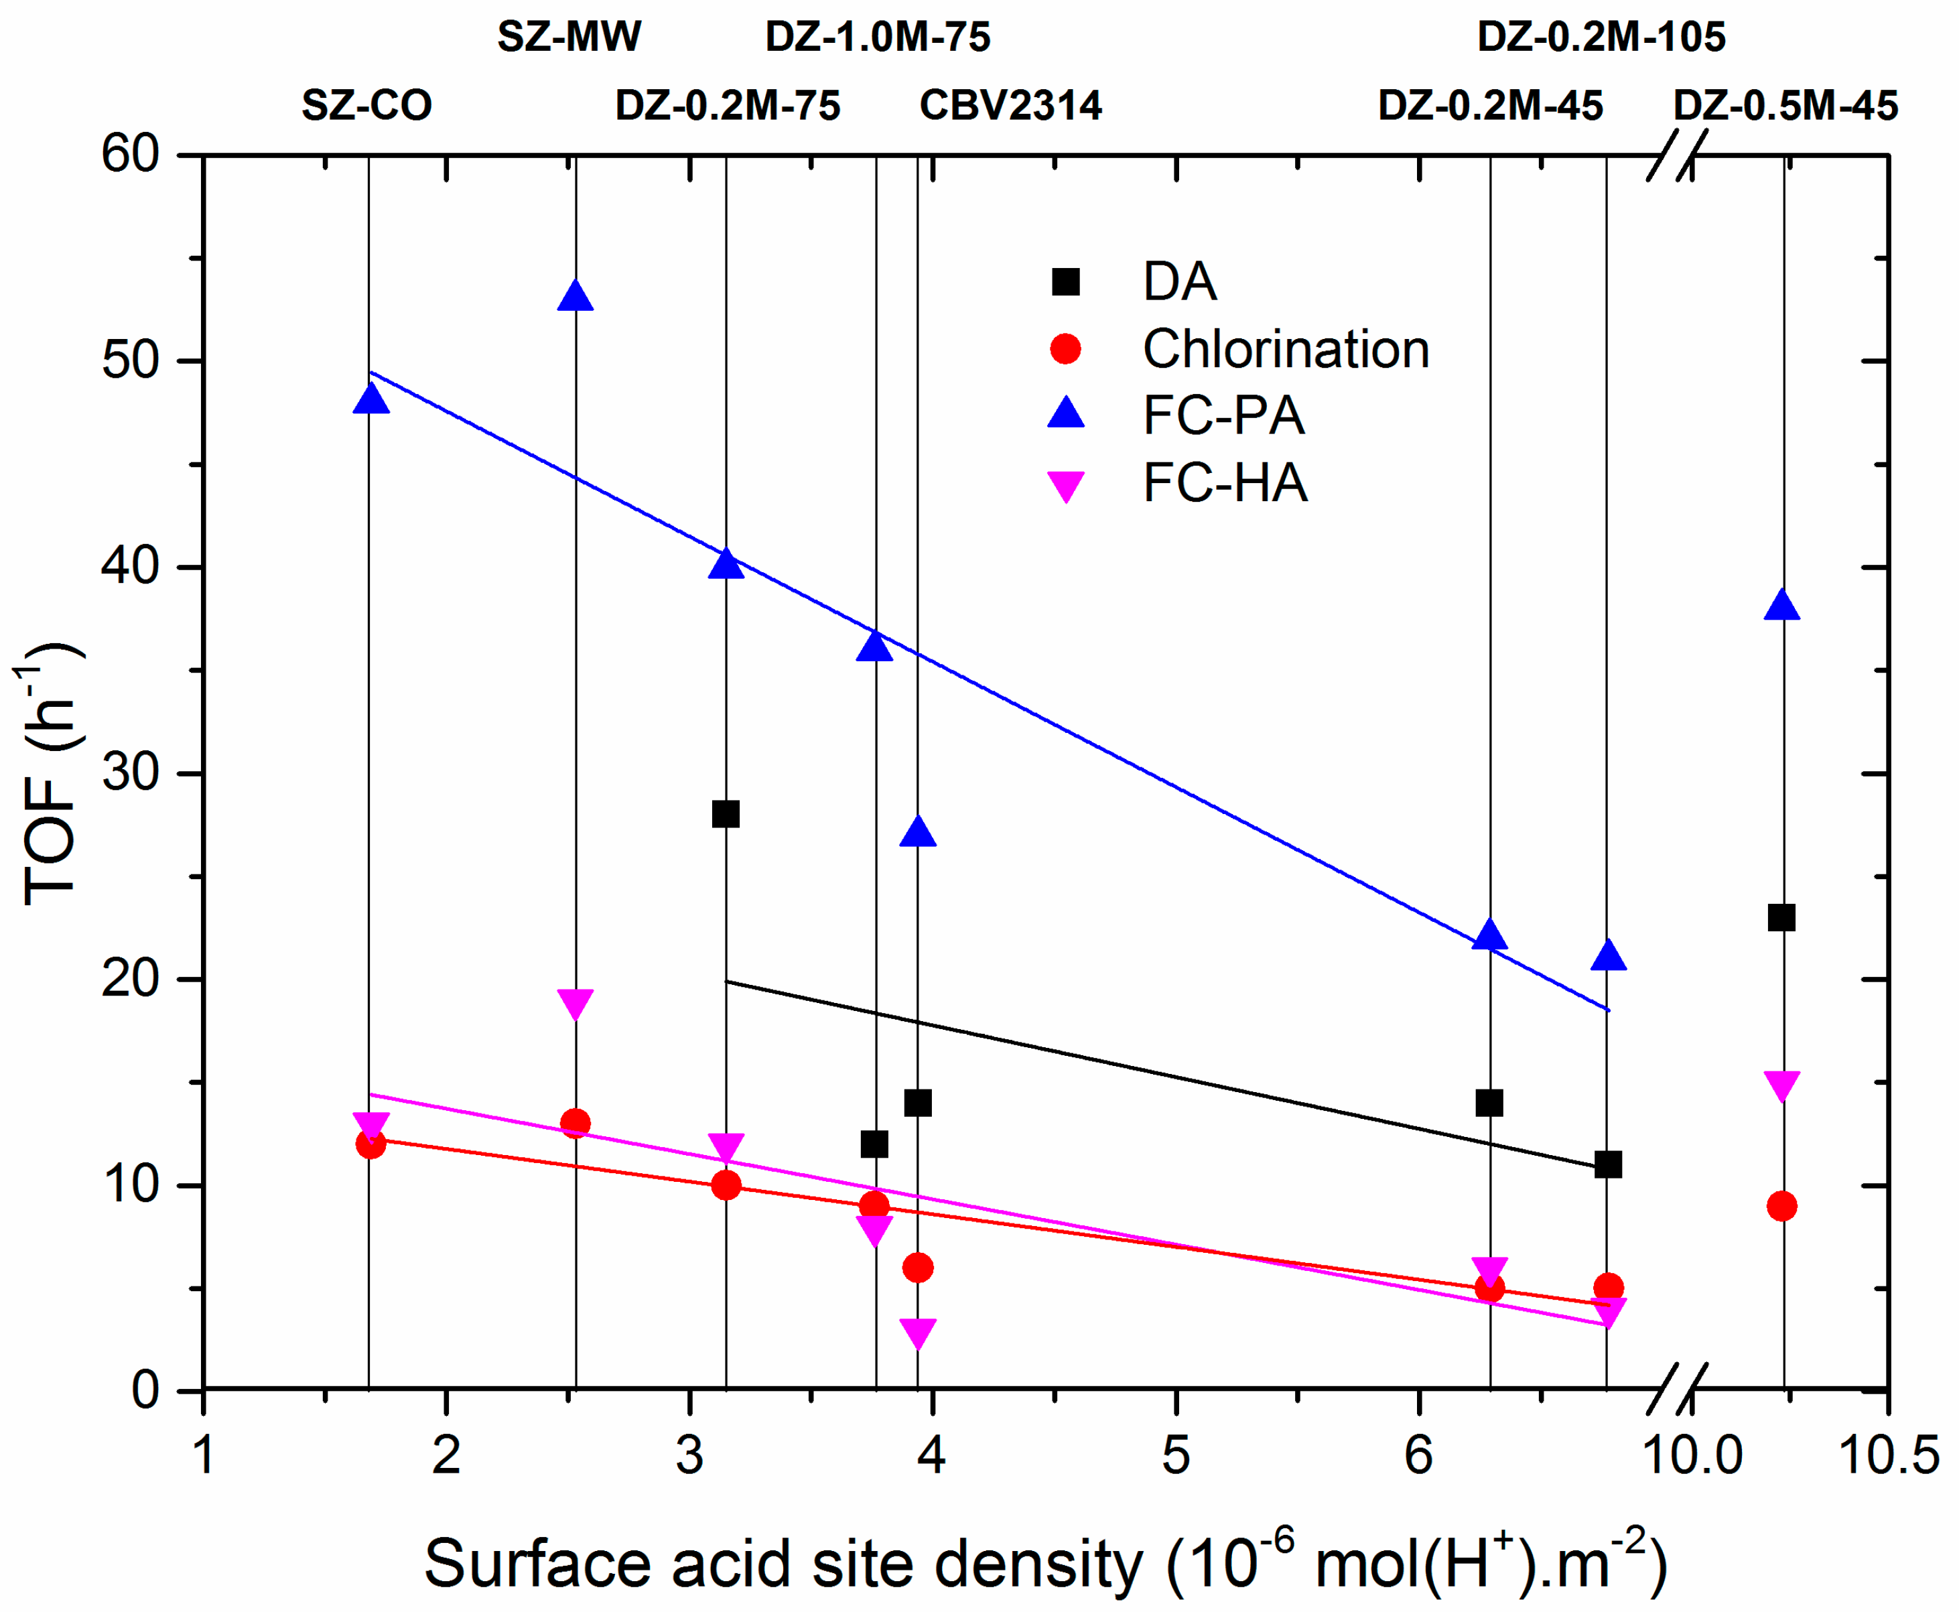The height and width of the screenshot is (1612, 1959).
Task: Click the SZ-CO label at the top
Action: tap(366, 105)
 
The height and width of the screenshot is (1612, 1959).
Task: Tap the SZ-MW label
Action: tap(568, 36)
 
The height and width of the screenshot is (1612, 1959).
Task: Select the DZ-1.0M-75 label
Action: tap(878, 36)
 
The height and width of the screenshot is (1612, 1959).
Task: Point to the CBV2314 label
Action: tap(1010, 105)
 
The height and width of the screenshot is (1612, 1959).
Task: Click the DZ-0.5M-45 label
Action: tap(1784, 105)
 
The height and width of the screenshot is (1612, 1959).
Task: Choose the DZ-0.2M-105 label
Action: tap(1601, 36)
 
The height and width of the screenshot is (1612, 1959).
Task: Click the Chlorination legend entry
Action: tap(1285, 349)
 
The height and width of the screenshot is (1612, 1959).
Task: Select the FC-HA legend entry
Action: tap(1223, 484)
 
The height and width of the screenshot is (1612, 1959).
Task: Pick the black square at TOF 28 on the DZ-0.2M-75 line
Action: tap(725, 814)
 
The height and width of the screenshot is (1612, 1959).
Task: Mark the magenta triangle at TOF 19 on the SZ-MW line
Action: tap(576, 1003)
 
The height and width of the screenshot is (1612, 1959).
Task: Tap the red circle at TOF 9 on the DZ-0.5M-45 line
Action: tap(1781, 1206)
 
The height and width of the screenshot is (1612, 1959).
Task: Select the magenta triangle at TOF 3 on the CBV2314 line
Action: tap(917, 1331)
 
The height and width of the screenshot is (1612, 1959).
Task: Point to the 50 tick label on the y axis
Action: tap(131, 360)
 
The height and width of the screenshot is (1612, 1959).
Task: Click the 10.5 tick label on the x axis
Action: tap(1887, 1454)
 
